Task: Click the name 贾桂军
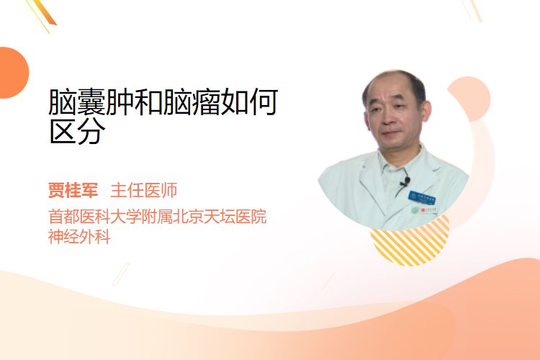[x=73, y=190]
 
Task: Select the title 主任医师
[x=144, y=190]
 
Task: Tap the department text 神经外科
[x=79, y=237]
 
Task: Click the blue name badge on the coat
[x=421, y=198]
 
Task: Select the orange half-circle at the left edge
[x=14, y=73]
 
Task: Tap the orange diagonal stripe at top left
[x=43, y=13]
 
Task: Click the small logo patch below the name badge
[x=425, y=210]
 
